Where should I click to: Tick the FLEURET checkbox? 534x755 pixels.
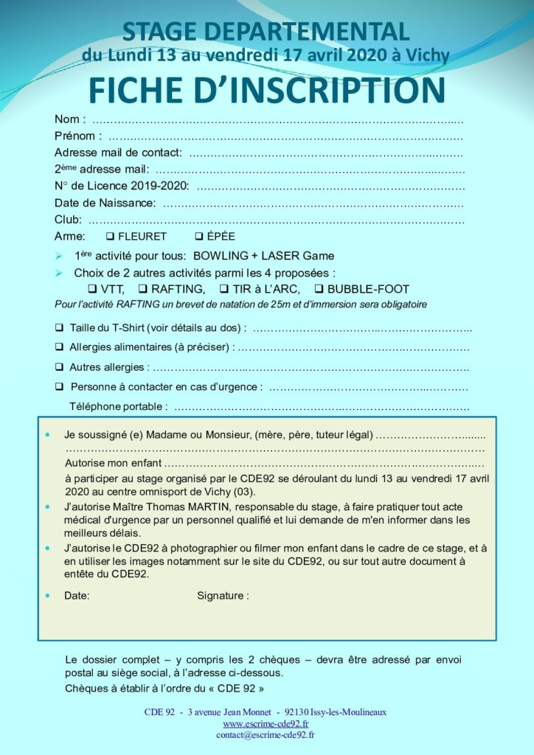click(109, 237)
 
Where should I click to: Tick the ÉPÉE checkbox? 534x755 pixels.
click(199, 237)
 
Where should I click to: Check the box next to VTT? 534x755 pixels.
click(92, 289)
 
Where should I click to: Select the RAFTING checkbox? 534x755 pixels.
click(144, 289)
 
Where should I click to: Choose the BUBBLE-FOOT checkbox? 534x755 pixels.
click(320, 289)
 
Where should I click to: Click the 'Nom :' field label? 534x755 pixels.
click(70, 119)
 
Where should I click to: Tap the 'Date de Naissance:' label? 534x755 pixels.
click(105, 203)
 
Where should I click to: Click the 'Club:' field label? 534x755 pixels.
click(69, 220)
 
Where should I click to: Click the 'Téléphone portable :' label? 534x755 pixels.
click(118, 406)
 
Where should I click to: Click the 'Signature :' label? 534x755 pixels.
click(223, 595)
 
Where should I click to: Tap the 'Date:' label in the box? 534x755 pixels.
click(77, 595)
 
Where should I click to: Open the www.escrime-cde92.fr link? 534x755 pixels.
click(266, 724)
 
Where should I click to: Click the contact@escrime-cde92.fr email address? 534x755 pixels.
click(266, 735)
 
